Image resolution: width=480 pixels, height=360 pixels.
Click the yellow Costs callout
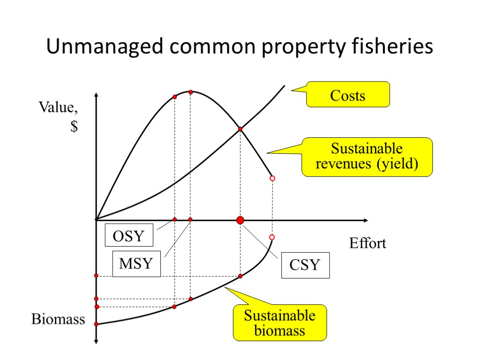[x=348, y=95]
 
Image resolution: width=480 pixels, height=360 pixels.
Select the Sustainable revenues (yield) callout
[x=367, y=157]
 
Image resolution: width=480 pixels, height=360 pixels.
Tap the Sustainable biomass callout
[x=280, y=322]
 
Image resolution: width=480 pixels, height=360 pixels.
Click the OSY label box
[x=129, y=236]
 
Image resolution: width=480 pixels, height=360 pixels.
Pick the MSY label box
[x=136, y=263]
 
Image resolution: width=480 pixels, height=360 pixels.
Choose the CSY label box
[x=305, y=265]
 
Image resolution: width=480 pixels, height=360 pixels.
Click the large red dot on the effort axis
[x=240, y=220]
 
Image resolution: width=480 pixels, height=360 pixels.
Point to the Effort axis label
[x=367, y=243]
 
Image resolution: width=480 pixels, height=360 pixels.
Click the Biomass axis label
[x=58, y=320]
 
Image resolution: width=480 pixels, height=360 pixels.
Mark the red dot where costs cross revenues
[x=240, y=129]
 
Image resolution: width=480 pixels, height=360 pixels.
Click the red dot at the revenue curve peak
[x=190, y=92]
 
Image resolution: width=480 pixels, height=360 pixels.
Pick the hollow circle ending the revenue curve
[x=272, y=179]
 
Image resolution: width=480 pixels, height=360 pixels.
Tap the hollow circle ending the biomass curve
[x=271, y=237]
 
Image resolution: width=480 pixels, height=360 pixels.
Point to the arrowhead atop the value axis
[x=96, y=95]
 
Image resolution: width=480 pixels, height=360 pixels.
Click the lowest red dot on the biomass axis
[x=96, y=324]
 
